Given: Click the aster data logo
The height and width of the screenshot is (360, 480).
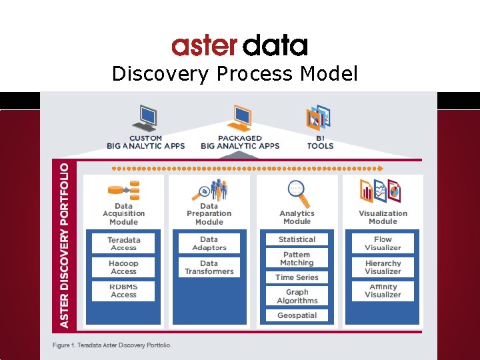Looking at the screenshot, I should (x=239, y=46).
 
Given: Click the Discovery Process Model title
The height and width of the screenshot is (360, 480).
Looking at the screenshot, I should (x=235, y=73).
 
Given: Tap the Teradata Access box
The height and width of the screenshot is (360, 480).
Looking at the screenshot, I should (x=123, y=243).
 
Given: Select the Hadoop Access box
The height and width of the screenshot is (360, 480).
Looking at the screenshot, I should (x=123, y=267).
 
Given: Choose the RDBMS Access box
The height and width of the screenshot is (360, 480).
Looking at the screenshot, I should (x=123, y=291).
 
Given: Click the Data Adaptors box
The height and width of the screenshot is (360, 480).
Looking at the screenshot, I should (x=209, y=243).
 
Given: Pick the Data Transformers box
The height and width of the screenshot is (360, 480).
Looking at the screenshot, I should (x=209, y=267).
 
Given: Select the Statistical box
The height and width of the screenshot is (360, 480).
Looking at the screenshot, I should (x=297, y=239).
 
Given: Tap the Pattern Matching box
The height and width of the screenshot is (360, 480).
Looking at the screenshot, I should (x=297, y=258).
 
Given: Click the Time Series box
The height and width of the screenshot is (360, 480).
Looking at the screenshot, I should (x=297, y=277).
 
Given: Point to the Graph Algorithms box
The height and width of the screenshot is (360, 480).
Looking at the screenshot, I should (x=297, y=296).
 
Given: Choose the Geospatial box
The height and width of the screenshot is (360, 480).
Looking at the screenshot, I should (x=297, y=315).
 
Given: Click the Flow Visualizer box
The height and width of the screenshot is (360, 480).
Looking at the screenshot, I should (x=383, y=243).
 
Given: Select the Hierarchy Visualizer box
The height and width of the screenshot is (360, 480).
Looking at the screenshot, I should (x=383, y=267).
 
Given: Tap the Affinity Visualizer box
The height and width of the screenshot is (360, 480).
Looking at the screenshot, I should (x=383, y=291).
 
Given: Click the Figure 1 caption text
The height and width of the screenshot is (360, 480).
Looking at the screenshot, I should (x=112, y=345).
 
